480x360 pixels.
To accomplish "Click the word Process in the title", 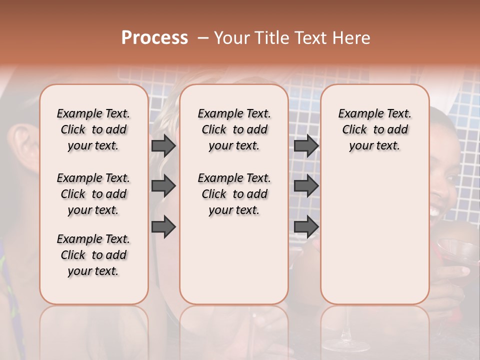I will (x=154, y=37).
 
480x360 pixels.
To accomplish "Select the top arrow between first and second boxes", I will (x=163, y=145).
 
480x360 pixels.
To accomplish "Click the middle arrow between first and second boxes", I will (x=163, y=186).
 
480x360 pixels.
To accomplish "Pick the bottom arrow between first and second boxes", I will (x=163, y=227).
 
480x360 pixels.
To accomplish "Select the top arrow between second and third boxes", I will (x=306, y=145).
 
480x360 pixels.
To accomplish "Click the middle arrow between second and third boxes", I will (x=306, y=186).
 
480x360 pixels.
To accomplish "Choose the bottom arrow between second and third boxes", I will (x=306, y=227).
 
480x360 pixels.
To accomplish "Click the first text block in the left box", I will (x=93, y=129).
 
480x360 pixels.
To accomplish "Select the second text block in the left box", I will (x=93, y=194).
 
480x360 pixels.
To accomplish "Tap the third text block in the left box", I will (x=93, y=255).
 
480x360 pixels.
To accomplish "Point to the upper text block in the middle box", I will (x=234, y=129).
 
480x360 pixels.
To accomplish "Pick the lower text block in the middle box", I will (x=234, y=194).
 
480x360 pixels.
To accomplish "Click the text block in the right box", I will (x=374, y=129).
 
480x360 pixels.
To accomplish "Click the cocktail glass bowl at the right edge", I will (x=457, y=250).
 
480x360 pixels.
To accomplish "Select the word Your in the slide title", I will (x=231, y=37).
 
